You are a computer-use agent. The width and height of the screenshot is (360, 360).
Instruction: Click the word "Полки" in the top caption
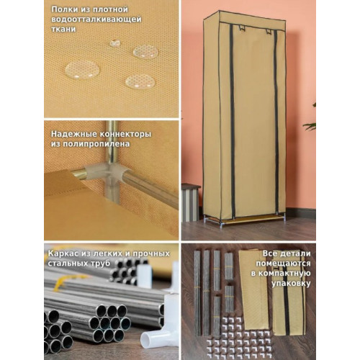point(62,10)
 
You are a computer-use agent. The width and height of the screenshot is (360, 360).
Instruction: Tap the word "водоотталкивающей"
point(96,19)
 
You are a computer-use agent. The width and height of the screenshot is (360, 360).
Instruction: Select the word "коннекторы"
point(125,134)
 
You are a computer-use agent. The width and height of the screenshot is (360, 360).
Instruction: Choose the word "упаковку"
point(291,284)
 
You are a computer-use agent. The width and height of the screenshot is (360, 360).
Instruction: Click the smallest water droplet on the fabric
point(115,42)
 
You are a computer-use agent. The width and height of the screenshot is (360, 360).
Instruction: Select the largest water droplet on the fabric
point(82,70)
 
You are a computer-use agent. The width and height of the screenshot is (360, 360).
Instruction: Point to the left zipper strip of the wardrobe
point(232,120)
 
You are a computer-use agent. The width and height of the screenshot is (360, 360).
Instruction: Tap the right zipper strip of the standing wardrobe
point(276,121)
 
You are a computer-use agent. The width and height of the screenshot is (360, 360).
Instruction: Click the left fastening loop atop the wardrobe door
point(241,27)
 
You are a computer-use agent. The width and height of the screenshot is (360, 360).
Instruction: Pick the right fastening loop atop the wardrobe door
point(269,31)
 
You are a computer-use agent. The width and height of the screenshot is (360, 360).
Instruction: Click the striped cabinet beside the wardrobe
point(191,203)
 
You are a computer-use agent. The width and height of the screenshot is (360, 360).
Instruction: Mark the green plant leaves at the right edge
point(310,120)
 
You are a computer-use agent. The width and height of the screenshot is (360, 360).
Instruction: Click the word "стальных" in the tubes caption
point(66,264)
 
